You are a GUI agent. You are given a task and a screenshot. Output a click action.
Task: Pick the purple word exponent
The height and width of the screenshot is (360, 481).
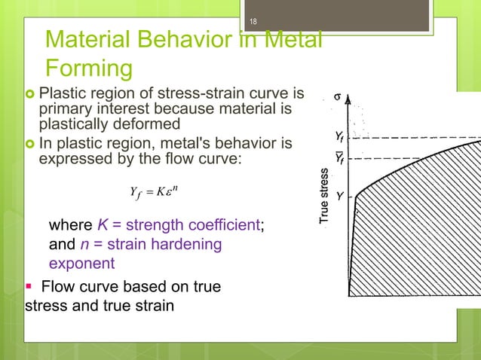pos(81,264)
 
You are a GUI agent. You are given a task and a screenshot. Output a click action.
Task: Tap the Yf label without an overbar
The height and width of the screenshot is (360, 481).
pos(342,136)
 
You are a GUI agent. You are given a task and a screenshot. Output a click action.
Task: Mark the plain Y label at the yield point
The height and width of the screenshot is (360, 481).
pos(341,196)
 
